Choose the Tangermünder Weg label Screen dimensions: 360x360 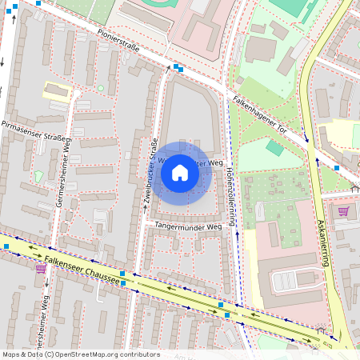(187, 226)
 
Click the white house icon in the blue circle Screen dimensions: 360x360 (180, 173)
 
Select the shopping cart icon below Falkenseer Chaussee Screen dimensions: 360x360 (40, 268)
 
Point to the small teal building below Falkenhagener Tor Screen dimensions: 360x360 (274, 148)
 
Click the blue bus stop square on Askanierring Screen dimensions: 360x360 (337, 168)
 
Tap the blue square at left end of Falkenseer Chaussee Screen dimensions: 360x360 (6, 246)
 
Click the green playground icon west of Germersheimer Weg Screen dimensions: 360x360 (39, 175)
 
